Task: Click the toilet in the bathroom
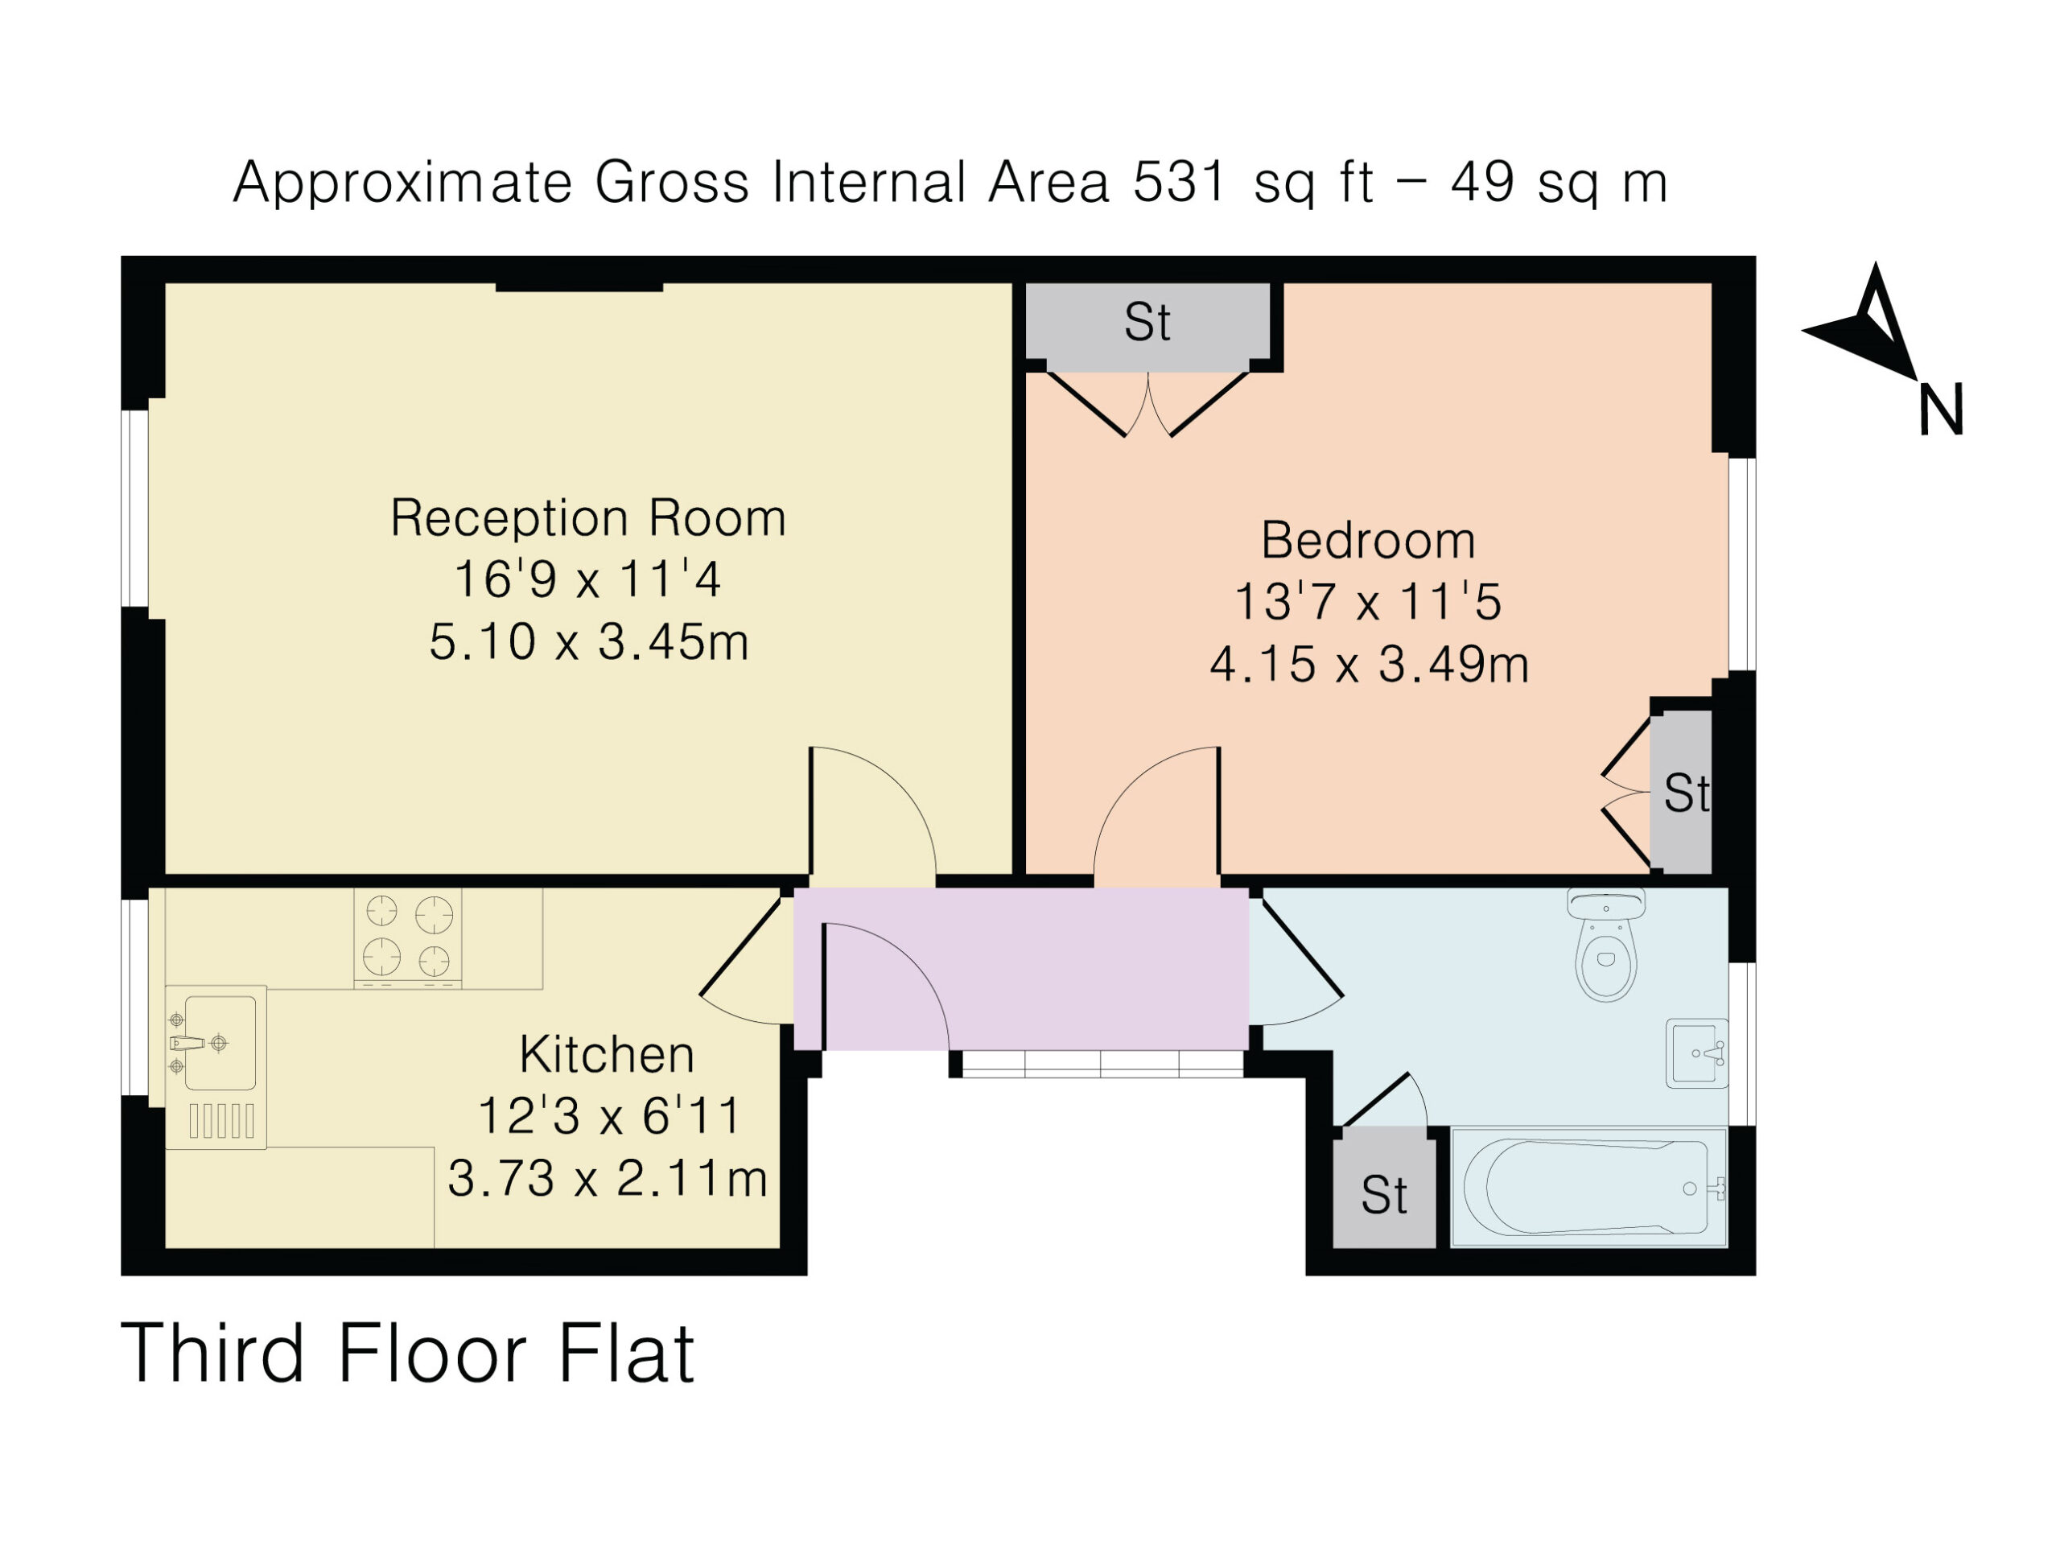pos(1605,945)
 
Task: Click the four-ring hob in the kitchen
pos(408,937)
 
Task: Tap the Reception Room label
pos(587,517)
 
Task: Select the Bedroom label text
pos(1368,540)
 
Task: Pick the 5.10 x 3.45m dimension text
pos(588,641)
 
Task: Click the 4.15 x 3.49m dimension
pos(1369,664)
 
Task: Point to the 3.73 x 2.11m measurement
pos(608,1178)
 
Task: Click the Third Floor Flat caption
pos(408,1354)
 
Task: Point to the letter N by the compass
pos(1941,409)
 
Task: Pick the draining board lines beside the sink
pos(221,1120)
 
